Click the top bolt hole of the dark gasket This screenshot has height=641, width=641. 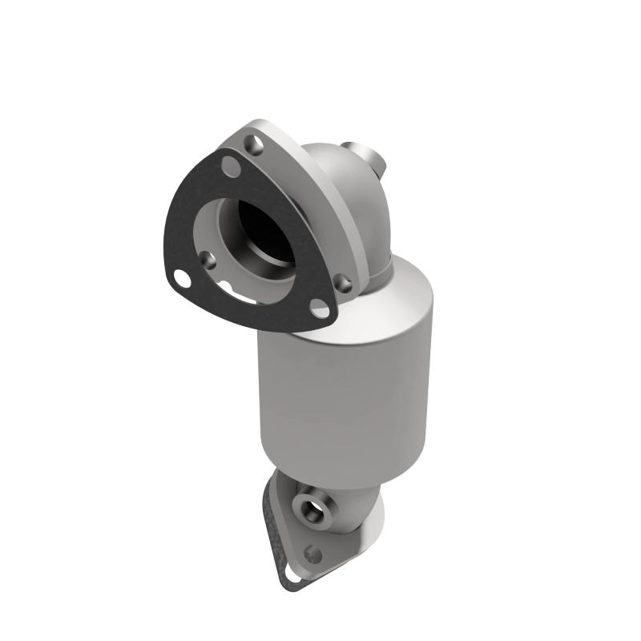click(231, 168)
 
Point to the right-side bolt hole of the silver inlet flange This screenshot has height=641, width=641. click(343, 281)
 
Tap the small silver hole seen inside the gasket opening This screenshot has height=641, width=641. click(208, 258)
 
